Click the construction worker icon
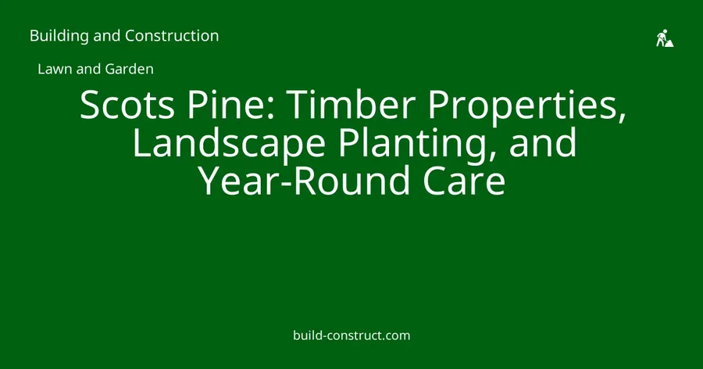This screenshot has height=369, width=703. (665, 38)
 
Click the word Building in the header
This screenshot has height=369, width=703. (59, 36)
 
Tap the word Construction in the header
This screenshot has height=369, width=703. (172, 35)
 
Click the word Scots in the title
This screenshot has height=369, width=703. (127, 104)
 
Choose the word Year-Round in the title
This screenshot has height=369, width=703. (304, 181)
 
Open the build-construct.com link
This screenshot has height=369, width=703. (351, 335)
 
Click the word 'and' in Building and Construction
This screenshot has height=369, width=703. (107, 36)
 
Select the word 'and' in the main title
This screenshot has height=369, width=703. (543, 142)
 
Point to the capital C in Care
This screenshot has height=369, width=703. (434, 181)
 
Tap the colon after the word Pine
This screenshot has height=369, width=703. (271, 108)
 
